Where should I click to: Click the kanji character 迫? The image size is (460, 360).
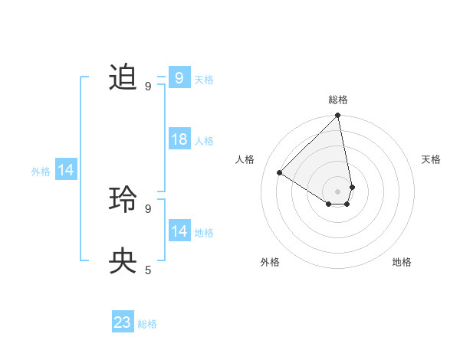(x=123, y=78)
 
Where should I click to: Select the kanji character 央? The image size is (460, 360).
(x=123, y=261)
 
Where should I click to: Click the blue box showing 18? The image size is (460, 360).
(x=179, y=140)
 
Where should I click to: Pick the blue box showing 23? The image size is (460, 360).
(x=123, y=322)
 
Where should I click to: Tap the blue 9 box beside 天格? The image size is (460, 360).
(x=179, y=78)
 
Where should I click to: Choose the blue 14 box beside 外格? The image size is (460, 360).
(x=66, y=171)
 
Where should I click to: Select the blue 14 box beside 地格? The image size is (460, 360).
(x=179, y=231)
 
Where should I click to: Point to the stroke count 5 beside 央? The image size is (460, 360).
(x=148, y=270)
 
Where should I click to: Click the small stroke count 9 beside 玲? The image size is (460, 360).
(x=148, y=208)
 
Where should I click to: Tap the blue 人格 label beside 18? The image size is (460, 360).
(x=204, y=141)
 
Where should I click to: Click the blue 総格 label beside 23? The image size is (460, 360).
(x=147, y=324)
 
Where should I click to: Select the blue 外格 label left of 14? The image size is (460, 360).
(x=41, y=172)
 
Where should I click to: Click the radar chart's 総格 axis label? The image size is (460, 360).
(x=338, y=100)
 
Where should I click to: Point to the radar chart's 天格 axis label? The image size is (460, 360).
(x=431, y=159)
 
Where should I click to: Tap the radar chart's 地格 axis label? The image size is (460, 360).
(x=402, y=262)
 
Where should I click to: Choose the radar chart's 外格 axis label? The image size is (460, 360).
(x=270, y=262)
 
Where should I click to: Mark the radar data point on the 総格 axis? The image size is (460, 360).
(x=338, y=116)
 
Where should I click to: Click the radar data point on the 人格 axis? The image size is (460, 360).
(x=280, y=173)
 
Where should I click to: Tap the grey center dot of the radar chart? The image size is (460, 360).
(x=338, y=191)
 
